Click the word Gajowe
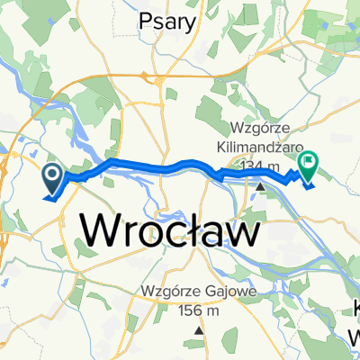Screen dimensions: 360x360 [221, 292]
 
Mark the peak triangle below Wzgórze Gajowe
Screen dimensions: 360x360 [198, 330]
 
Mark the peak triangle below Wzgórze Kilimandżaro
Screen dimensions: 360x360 [261, 187]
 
